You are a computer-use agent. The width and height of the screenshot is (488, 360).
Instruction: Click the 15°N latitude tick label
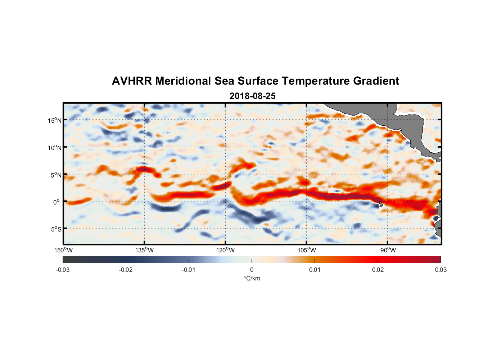(x=55, y=120)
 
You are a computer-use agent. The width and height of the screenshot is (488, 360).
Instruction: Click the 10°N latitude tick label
(x=55, y=148)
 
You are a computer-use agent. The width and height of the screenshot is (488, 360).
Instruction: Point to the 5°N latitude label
(x=56, y=175)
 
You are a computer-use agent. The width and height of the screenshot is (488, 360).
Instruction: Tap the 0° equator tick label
(x=57, y=202)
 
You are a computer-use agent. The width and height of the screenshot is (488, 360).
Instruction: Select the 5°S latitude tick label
(x=56, y=229)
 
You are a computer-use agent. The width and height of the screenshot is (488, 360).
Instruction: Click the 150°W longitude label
(x=63, y=250)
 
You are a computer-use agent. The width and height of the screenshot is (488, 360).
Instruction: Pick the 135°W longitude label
(x=144, y=250)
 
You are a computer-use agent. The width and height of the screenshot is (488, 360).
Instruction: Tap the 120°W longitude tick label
(x=225, y=250)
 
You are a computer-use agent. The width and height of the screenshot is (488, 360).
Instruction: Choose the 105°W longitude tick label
(x=306, y=250)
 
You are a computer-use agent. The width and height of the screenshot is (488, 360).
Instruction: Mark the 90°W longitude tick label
(x=388, y=250)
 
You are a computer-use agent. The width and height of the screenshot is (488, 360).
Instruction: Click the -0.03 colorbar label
(x=63, y=270)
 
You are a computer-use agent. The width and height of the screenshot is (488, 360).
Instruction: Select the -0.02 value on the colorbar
(x=126, y=270)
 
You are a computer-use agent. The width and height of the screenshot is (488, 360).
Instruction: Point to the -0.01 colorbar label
(x=189, y=270)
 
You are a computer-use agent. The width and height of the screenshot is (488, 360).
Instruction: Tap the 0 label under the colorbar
(x=252, y=270)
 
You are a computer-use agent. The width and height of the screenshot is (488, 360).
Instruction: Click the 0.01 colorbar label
(x=315, y=270)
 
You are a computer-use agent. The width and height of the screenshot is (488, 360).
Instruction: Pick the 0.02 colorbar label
(x=378, y=270)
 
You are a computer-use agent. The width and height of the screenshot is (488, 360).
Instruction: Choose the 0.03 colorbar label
(x=441, y=270)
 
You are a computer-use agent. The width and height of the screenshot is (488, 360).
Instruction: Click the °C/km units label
(x=252, y=278)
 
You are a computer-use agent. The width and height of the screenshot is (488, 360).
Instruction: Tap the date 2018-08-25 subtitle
(x=253, y=96)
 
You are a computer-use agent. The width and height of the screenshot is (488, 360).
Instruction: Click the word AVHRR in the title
(x=132, y=81)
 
